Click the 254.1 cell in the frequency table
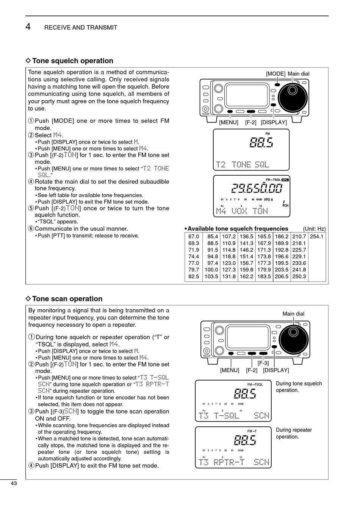point(317,237)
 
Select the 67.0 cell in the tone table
point(193,237)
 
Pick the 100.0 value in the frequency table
point(211,270)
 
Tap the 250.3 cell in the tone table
point(299,277)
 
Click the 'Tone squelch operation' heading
point(72,61)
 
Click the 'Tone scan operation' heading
point(67,299)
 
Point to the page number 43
point(14,483)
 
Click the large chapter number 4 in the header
point(28,27)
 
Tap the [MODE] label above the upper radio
point(275,74)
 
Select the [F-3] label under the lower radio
point(263,363)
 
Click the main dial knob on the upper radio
point(292,90)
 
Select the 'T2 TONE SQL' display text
point(243,164)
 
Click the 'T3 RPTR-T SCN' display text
point(234,462)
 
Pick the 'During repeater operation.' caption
point(294,433)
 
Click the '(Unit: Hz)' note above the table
point(314,229)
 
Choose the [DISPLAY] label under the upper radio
point(274,122)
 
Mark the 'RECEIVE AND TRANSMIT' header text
point(81,28)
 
